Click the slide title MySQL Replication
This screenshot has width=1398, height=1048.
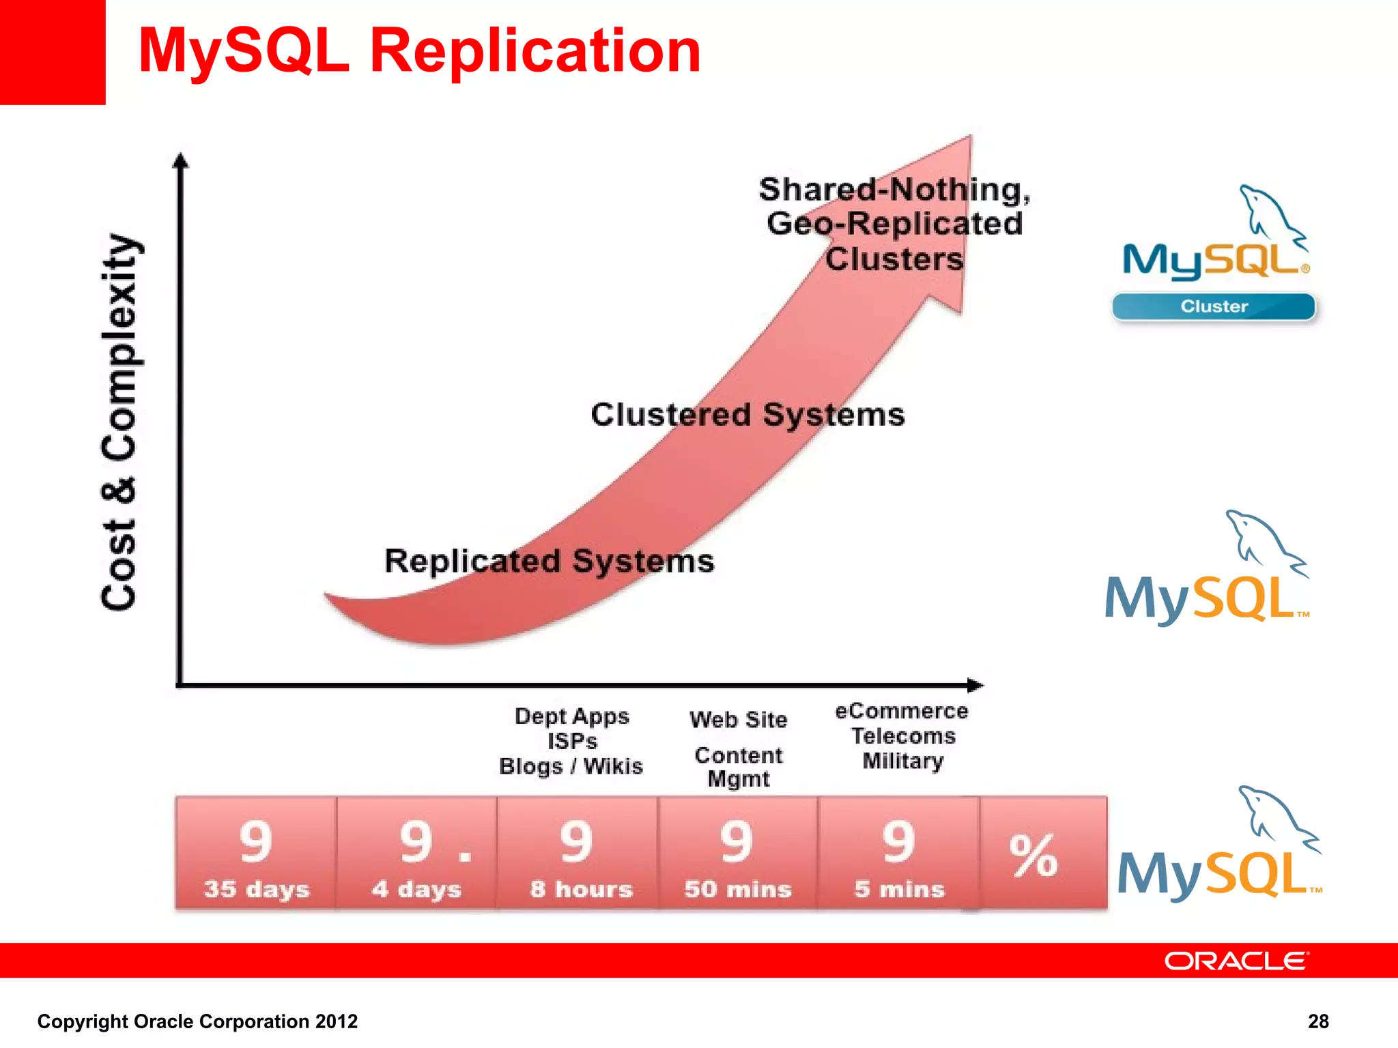coord(419,51)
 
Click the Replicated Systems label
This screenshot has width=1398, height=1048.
coord(550,562)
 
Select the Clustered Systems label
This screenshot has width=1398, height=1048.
coord(747,415)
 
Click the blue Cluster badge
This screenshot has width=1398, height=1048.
coord(1214,306)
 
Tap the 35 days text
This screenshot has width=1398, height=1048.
coord(257,889)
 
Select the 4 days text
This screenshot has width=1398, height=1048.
coord(416,889)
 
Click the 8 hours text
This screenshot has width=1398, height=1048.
coord(582,889)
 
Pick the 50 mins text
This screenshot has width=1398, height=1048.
coord(738,889)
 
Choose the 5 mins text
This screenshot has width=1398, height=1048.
coord(899,889)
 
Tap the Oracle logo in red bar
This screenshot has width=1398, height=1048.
coord(1236,961)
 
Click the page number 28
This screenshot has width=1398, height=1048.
coord(1318,1021)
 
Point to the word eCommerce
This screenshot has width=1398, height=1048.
coord(902,712)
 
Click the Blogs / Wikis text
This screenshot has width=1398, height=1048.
coord(571,766)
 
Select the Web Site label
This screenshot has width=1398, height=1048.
coord(738,720)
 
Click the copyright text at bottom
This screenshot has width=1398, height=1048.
coord(197,1021)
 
